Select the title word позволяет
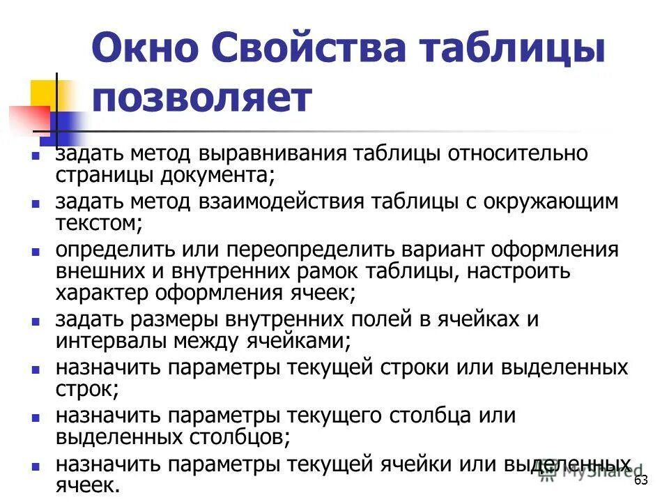pyautogui.click(x=202, y=99)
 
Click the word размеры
pyautogui.click(x=181, y=320)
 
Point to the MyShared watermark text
pyautogui.click(x=592, y=473)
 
